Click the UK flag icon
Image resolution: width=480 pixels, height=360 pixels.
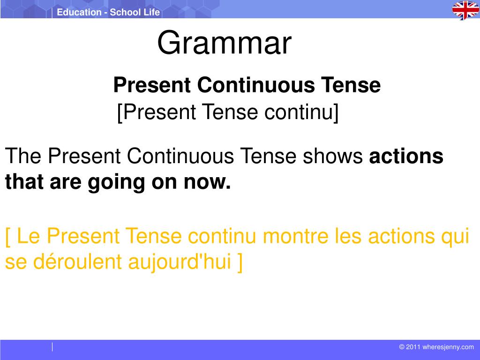click(465, 10)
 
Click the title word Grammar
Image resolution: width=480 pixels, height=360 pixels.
click(225, 43)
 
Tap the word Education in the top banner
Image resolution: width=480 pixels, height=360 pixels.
click(79, 12)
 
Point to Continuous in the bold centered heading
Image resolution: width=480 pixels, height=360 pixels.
click(256, 85)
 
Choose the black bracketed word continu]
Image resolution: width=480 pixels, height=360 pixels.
click(301, 112)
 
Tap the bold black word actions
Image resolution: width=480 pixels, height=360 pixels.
click(406, 156)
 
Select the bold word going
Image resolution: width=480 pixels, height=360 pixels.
click(116, 182)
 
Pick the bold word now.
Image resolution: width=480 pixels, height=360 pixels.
click(207, 183)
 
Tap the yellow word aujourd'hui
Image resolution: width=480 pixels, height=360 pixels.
click(180, 262)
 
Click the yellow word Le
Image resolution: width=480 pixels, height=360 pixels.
click(28, 236)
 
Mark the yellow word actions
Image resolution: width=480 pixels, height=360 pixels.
click(401, 236)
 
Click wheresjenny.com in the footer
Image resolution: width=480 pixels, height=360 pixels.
click(448, 347)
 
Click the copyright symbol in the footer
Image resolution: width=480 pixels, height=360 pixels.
click(402, 347)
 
